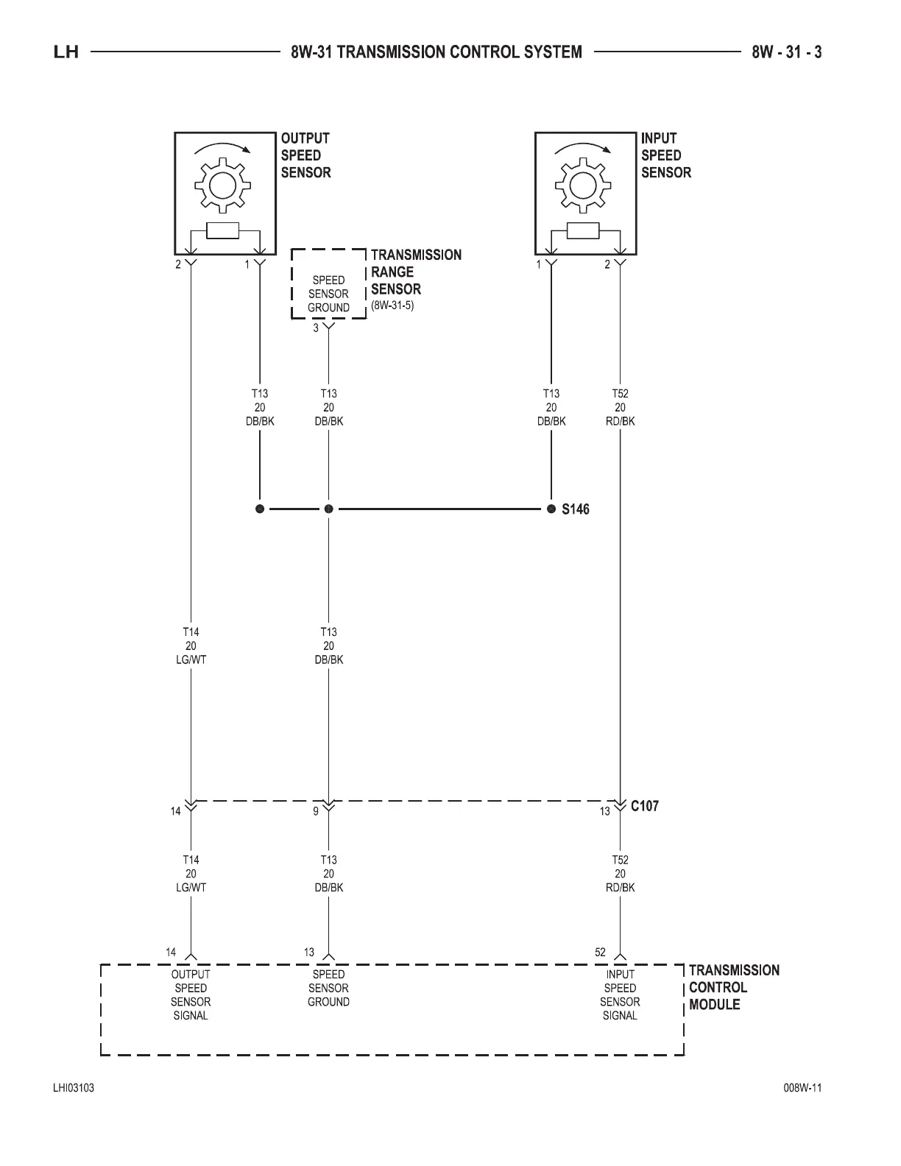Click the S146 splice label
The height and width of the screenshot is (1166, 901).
576,509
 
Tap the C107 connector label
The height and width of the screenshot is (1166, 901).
645,806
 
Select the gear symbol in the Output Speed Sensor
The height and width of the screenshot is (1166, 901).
221,184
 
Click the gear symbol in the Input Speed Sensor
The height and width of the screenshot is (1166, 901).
582,184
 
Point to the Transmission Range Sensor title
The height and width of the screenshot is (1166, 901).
416,272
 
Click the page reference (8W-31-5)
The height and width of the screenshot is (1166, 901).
392,305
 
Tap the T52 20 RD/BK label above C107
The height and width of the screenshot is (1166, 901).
620,407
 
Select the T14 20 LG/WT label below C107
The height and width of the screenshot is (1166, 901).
191,874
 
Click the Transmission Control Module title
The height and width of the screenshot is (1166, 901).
733,987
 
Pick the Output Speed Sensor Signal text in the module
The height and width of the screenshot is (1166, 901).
191,994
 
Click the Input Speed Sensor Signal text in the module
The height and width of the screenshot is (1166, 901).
620,994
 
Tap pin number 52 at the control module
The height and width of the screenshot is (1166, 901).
600,953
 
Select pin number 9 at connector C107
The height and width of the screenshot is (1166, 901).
316,811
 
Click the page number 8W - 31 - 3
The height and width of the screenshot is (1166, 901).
786,52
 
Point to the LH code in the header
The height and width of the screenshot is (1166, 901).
66,52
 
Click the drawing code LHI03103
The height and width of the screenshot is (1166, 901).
73,1089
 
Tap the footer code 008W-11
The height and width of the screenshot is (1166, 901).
802,1089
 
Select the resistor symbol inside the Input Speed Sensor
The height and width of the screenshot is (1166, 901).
584,231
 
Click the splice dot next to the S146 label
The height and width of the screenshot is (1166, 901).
551,509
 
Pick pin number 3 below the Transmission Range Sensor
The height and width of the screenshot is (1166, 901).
316,328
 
